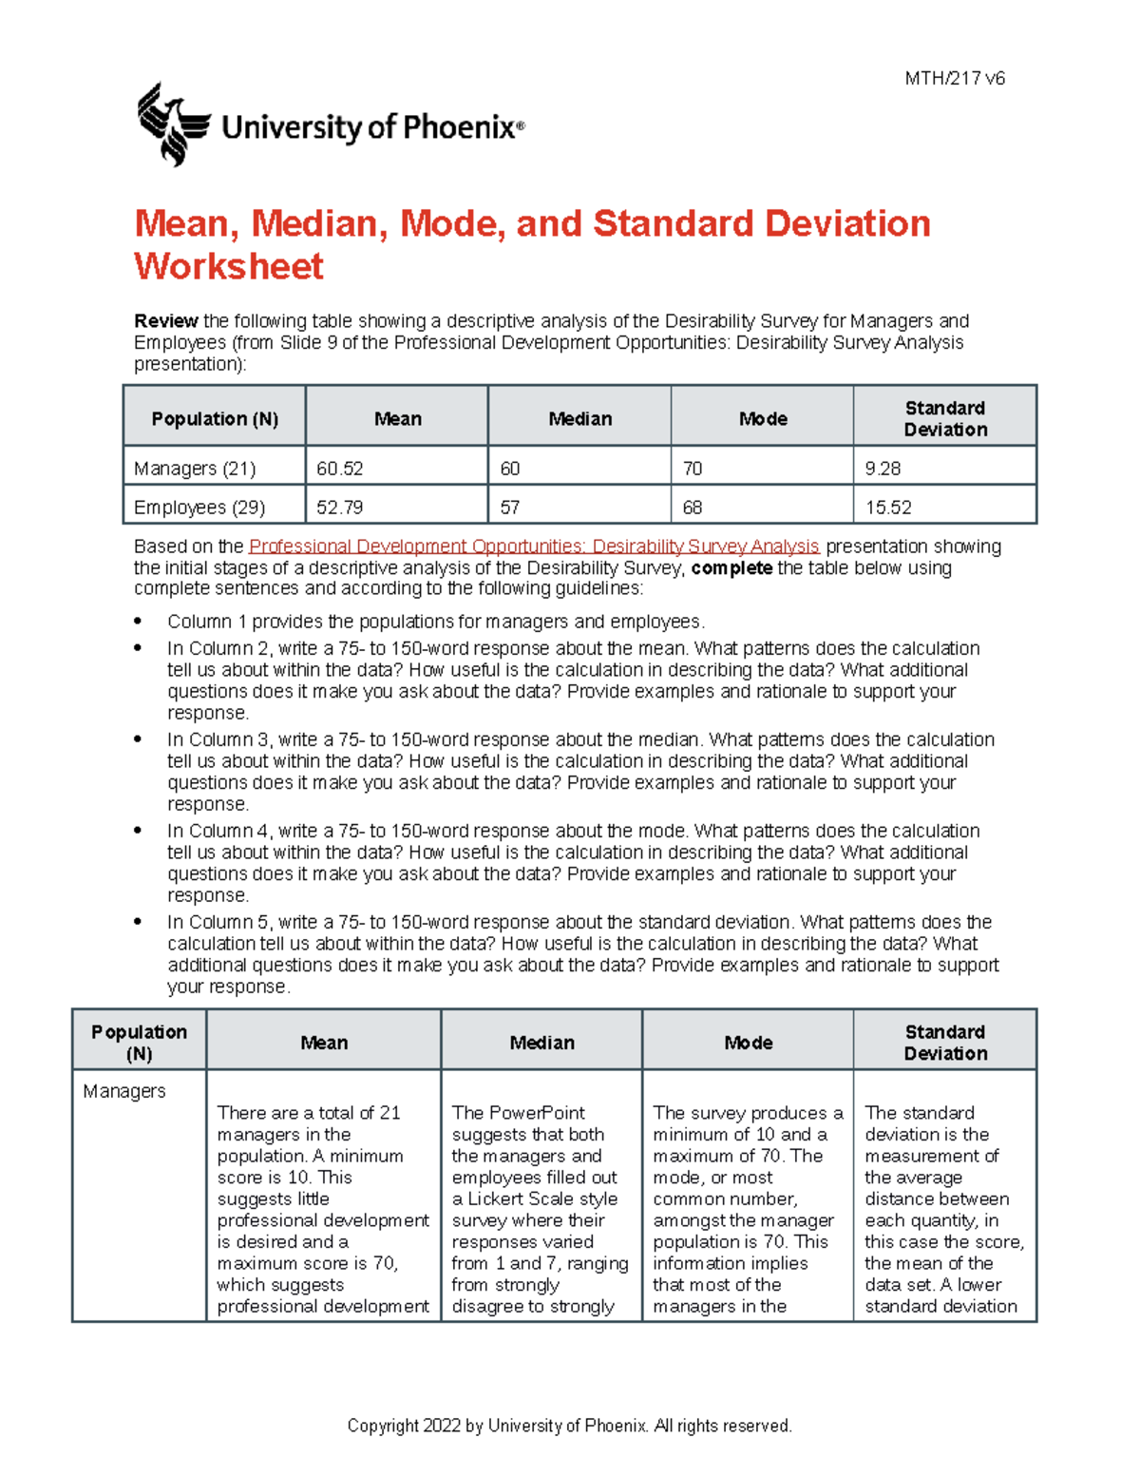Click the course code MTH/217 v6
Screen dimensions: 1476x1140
(954, 79)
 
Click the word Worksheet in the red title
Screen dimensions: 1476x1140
(229, 267)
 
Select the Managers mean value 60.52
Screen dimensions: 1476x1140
(340, 469)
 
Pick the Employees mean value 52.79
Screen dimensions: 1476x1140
(340, 508)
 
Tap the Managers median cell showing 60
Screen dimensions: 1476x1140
(510, 469)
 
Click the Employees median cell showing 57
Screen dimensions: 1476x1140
(510, 508)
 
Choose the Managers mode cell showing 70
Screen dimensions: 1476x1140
(693, 469)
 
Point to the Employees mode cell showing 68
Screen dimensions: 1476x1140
(693, 508)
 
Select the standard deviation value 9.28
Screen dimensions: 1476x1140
(883, 469)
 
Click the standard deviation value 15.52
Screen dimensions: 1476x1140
(888, 508)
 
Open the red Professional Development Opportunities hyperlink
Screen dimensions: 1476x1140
(533, 546)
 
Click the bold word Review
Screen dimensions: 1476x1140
(165, 321)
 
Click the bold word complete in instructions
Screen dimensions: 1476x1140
(731, 568)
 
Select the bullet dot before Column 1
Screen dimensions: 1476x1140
(139, 622)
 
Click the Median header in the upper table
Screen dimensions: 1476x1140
(579, 419)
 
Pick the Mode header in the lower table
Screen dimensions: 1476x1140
(748, 1043)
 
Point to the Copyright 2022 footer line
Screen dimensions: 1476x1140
(569, 1426)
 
